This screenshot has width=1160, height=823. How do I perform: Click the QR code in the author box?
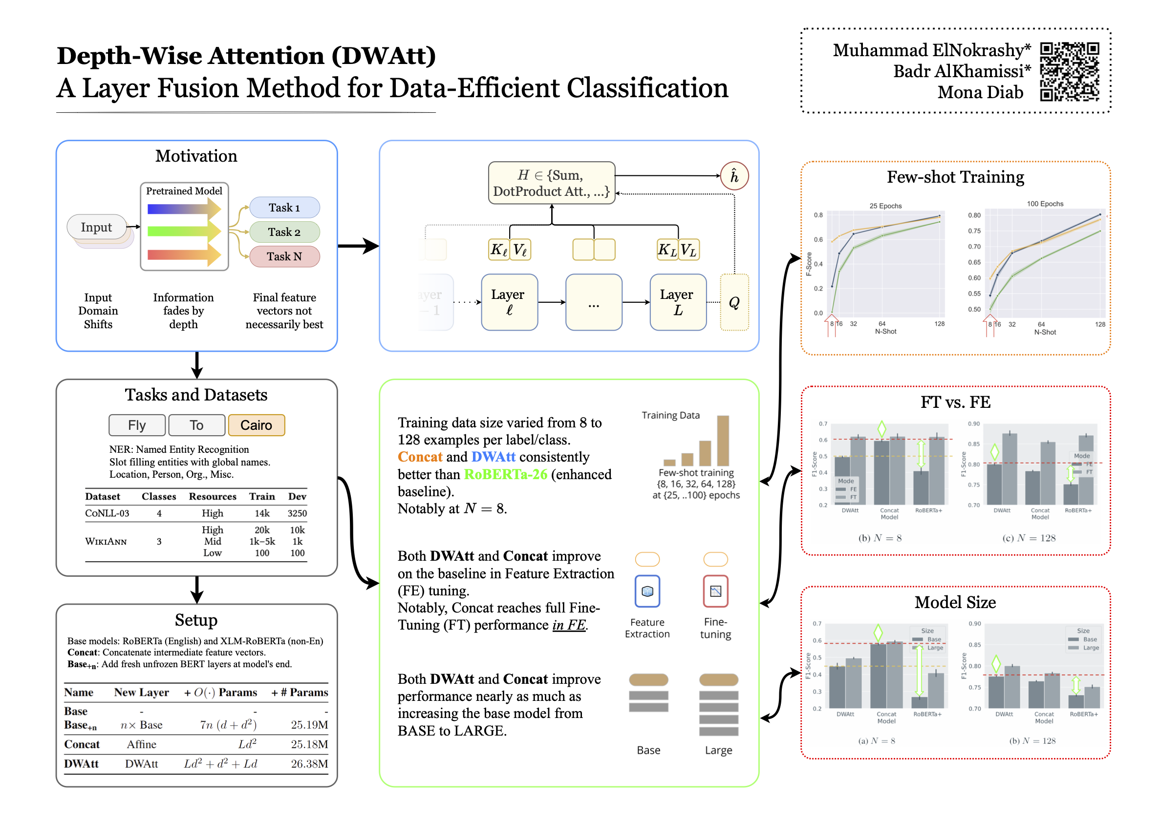click(x=1069, y=71)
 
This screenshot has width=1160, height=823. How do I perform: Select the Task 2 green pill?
click(x=284, y=232)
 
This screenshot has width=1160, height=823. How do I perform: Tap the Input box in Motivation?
click(x=96, y=227)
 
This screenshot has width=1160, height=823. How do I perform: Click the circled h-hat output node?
click(x=733, y=176)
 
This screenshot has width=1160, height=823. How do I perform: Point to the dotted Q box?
click(x=733, y=302)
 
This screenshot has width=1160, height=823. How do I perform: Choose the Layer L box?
click(x=677, y=302)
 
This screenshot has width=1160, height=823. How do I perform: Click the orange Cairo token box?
click(x=256, y=425)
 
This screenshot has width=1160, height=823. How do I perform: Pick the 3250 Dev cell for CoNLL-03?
click(x=297, y=513)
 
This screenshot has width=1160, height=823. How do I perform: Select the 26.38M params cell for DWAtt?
click(x=309, y=764)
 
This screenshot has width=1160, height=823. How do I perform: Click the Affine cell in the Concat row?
click(x=141, y=744)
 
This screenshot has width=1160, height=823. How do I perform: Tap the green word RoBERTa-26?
click(x=505, y=474)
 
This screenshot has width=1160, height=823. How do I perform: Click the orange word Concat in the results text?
click(x=420, y=457)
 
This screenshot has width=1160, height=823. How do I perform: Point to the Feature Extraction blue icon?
click(x=647, y=591)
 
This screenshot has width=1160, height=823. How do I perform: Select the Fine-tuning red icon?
click(x=715, y=591)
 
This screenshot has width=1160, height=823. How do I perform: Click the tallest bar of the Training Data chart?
click(x=723, y=441)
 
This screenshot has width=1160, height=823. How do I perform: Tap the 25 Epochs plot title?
click(x=885, y=206)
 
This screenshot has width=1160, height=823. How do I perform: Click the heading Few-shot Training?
click(x=955, y=177)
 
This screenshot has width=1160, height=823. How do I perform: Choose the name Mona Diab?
click(x=980, y=92)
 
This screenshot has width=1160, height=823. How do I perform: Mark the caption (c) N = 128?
click(x=1029, y=538)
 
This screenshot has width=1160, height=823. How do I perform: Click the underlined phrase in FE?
click(x=569, y=625)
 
